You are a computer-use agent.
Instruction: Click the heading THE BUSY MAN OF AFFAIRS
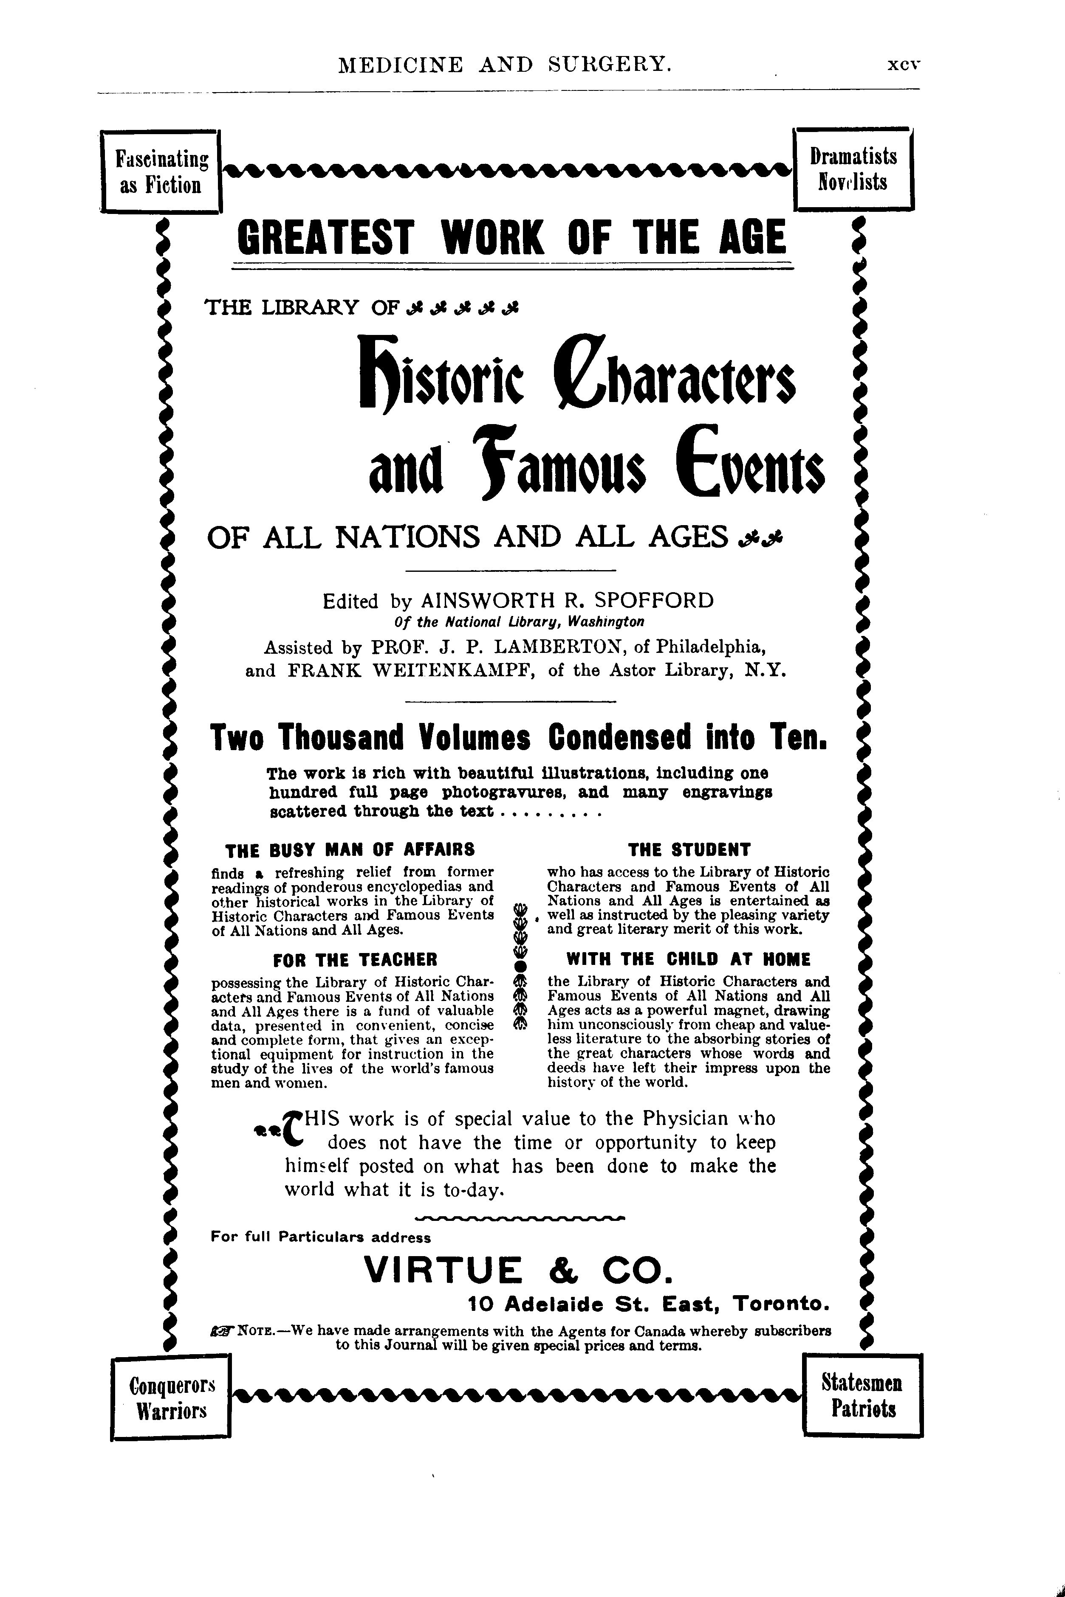[350, 850]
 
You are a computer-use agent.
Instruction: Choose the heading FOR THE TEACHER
[355, 960]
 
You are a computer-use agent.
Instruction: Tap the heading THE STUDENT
[689, 850]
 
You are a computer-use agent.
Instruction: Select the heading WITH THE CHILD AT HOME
[689, 960]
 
